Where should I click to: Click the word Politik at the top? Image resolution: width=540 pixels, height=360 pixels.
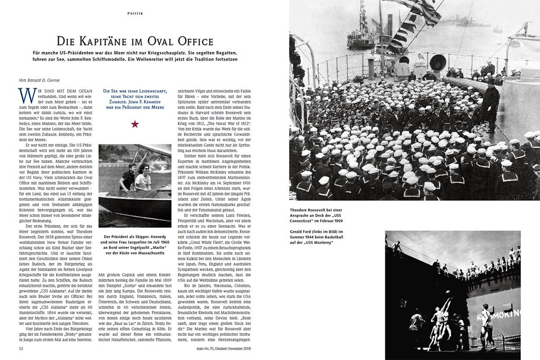[135, 13]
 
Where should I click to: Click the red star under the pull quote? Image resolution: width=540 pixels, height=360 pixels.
[135, 124]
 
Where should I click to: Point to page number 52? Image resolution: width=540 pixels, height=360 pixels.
[21, 348]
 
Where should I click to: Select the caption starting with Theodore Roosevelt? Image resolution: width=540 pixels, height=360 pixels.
[316, 215]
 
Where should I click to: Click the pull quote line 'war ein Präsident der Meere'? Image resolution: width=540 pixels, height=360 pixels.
[135, 107]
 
